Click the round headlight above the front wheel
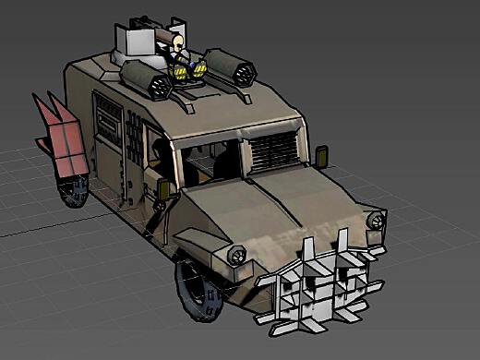(235, 255)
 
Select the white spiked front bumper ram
(318, 282)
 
